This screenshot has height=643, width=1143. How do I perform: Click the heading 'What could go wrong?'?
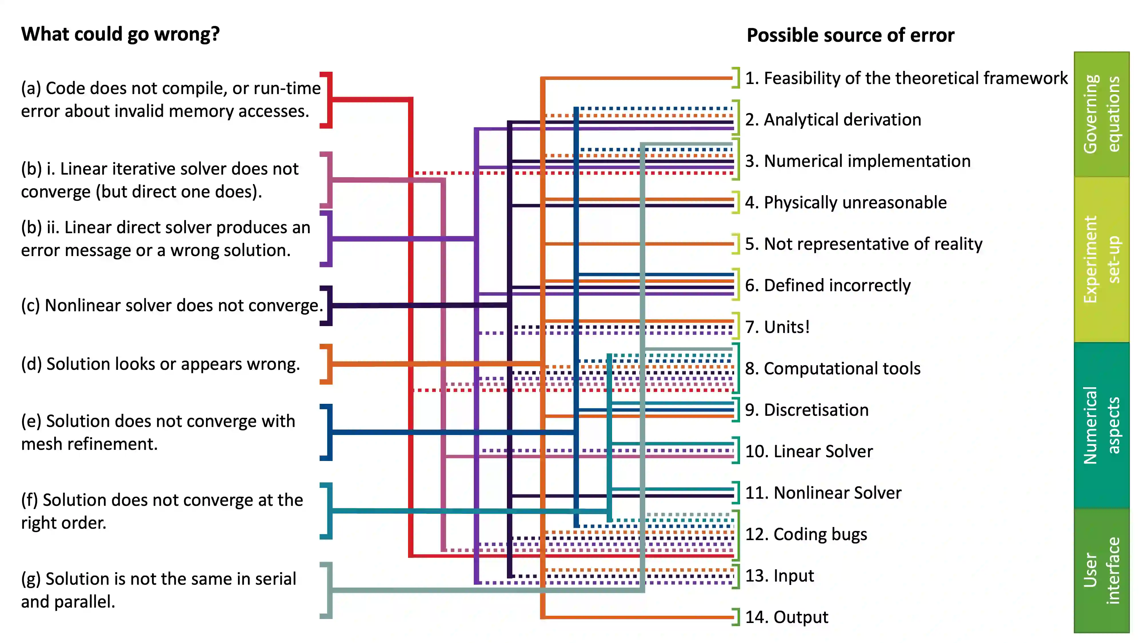(120, 34)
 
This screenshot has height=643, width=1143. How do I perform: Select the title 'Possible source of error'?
(850, 35)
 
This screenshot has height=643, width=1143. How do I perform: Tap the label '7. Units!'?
(777, 327)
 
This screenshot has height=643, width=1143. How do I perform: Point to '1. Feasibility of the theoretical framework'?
(906, 78)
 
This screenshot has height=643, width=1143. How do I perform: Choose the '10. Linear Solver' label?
(808, 451)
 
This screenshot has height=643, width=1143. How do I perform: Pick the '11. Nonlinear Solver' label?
(823, 493)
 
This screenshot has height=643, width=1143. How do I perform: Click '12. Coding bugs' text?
(806, 534)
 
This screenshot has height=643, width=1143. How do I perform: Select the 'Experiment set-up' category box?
(1101, 259)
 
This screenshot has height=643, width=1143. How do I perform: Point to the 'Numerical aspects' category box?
(1101, 425)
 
